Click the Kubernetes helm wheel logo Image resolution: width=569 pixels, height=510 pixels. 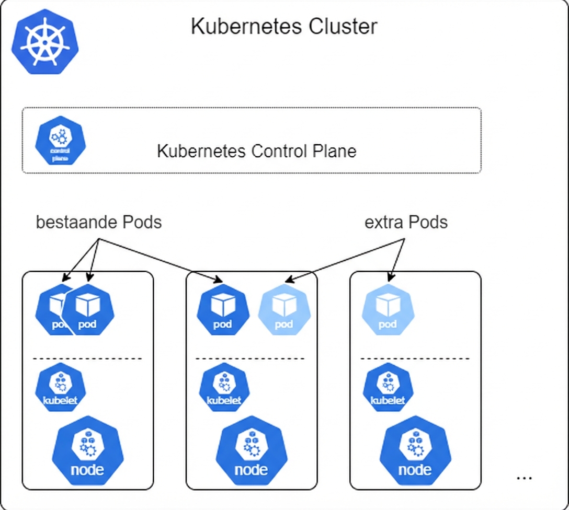[45, 41]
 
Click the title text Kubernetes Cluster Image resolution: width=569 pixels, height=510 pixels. [283, 27]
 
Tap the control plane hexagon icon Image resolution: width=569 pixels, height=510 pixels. [60, 140]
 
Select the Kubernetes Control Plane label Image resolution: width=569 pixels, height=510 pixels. [256, 151]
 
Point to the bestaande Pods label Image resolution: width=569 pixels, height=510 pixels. [99, 222]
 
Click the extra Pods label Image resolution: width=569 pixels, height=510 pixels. [406, 222]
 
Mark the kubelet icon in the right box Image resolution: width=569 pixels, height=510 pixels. [388, 387]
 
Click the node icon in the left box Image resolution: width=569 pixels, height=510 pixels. [87, 451]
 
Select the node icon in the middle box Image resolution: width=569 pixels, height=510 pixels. [252, 451]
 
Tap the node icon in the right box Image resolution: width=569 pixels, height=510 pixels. [415, 451]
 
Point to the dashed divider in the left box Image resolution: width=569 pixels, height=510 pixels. [87, 359]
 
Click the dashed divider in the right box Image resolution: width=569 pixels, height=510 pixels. [415, 359]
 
